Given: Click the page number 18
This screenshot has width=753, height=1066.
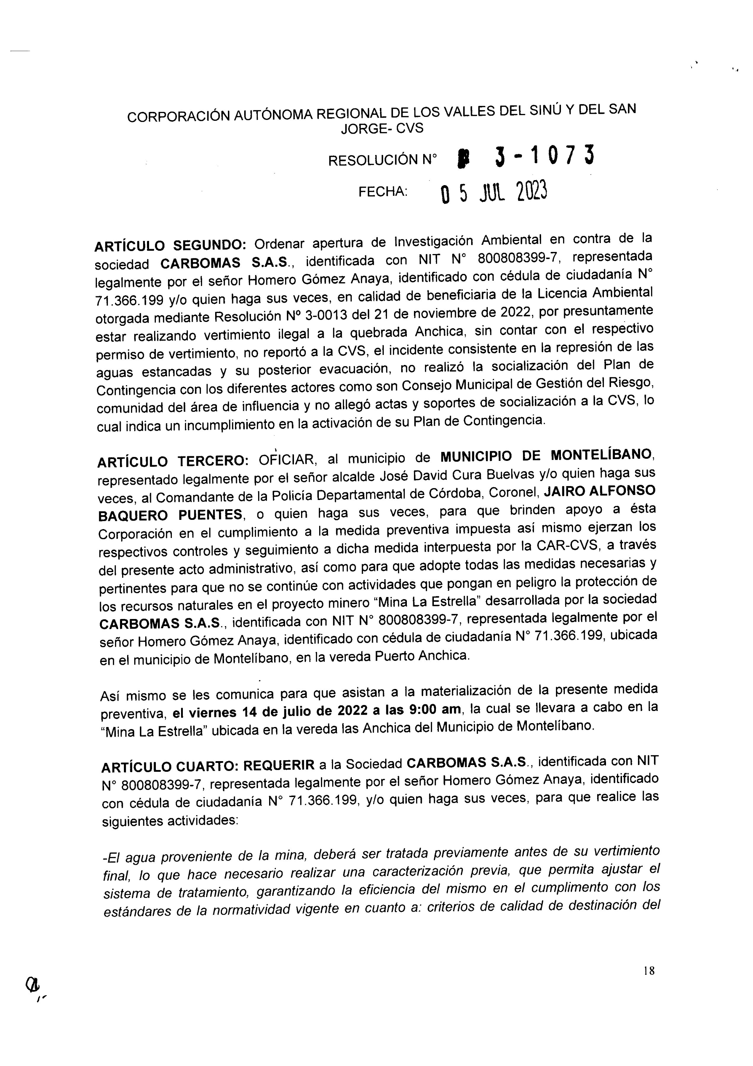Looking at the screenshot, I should point(649,971).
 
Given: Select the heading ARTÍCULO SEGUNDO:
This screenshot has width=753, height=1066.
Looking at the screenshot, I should point(170,245).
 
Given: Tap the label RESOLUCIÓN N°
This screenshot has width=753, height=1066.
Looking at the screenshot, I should point(382,160).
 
